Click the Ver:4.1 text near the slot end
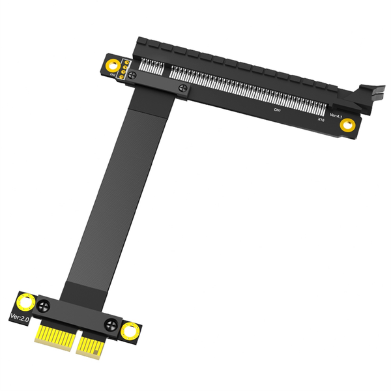point(336,115)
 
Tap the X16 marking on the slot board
point(321,120)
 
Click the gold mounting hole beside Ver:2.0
point(27,302)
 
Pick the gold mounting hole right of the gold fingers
point(130,330)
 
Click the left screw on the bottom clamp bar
point(45,305)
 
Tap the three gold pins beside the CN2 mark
point(124,67)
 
